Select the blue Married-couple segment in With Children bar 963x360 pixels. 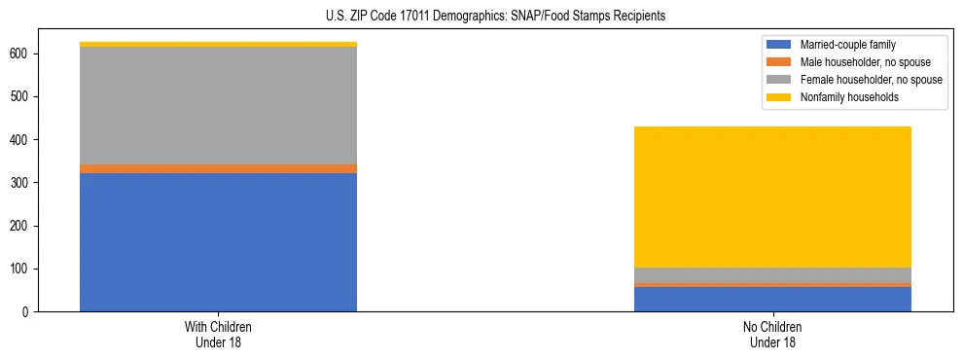218,242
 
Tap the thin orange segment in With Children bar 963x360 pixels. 218,169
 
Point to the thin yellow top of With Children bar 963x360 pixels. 218,44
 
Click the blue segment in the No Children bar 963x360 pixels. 772,300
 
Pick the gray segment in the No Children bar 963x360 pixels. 772,275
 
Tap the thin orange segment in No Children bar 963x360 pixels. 772,285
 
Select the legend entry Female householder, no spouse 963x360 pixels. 870,80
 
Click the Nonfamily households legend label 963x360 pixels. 843,97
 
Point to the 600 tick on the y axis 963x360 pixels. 24,54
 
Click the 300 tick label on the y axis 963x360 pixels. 24,183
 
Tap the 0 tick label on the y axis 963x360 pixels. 30,311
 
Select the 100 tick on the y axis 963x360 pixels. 24,269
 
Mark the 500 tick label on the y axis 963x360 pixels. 24,97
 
